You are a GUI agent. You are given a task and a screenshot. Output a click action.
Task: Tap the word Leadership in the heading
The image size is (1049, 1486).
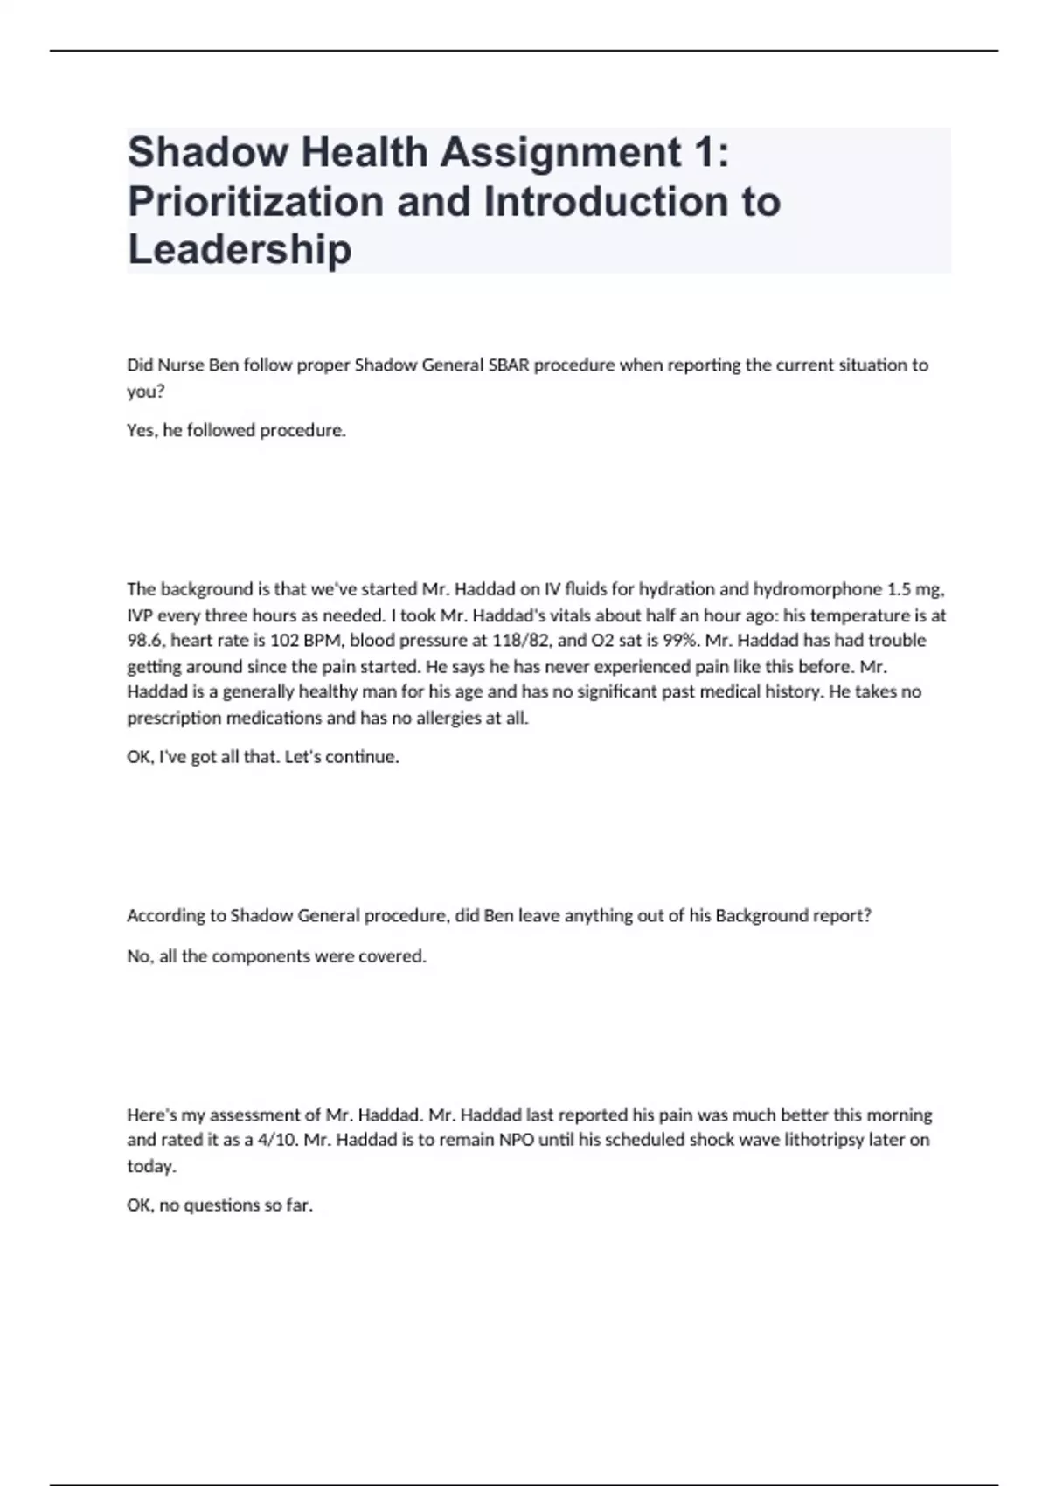(240, 249)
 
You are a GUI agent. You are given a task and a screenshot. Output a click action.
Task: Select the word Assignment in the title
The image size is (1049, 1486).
(560, 152)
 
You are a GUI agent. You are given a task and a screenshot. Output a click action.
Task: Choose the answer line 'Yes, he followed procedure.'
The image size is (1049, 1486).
(236, 431)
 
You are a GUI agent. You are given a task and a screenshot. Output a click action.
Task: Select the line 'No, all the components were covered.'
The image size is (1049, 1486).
(276, 956)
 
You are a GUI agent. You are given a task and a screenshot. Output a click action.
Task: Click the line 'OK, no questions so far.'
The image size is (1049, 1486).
(219, 1205)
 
